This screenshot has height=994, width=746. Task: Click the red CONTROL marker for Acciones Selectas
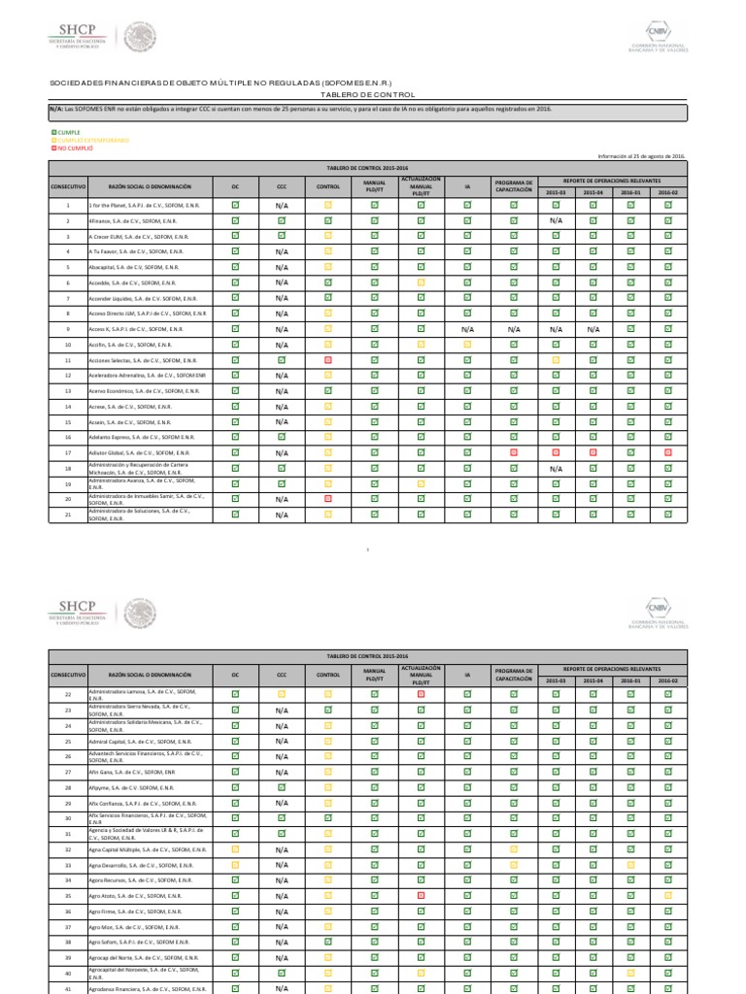328,360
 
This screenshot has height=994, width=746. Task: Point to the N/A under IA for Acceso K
467,330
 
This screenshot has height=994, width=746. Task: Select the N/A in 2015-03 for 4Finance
557,221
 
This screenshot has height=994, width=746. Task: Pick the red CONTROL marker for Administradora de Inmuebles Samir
328,499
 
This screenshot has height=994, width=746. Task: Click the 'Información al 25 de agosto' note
642,156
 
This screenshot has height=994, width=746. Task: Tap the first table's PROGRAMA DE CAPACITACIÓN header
514,184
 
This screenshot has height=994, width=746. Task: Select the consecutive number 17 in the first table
68,453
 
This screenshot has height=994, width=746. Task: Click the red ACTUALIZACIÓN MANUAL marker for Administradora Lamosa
421,694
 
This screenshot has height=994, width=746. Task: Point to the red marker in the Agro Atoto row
421,895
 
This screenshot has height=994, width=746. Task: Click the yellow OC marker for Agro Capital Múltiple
235,848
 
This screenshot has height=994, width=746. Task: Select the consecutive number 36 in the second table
68,911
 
